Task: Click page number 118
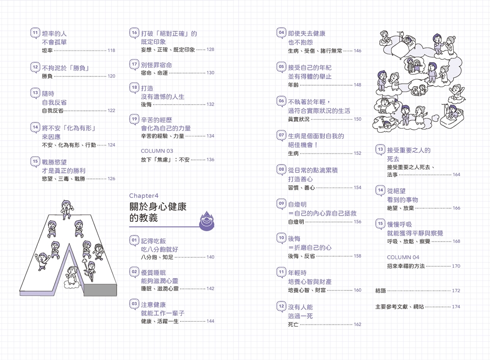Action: (111, 50)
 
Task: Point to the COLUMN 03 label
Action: (157, 151)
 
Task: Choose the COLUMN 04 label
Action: (403, 257)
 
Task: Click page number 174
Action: (456, 307)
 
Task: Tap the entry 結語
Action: (381, 290)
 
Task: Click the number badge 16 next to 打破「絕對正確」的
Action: (134, 33)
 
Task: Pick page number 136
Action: (210, 160)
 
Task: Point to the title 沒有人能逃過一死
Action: (300, 311)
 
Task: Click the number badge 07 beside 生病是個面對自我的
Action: (281, 135)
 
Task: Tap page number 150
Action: (357, 119)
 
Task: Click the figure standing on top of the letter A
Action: (67, 207)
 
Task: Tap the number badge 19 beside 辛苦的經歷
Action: (134, 119)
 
